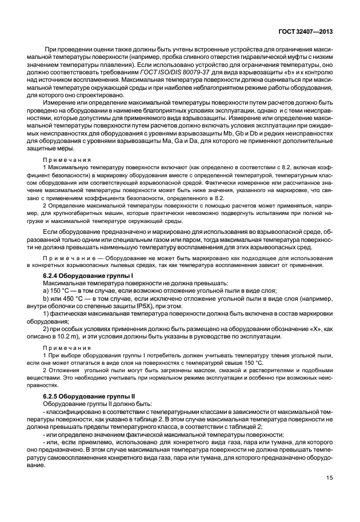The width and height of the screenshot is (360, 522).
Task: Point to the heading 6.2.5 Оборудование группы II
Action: pyautogui.click(x=86, y=396)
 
